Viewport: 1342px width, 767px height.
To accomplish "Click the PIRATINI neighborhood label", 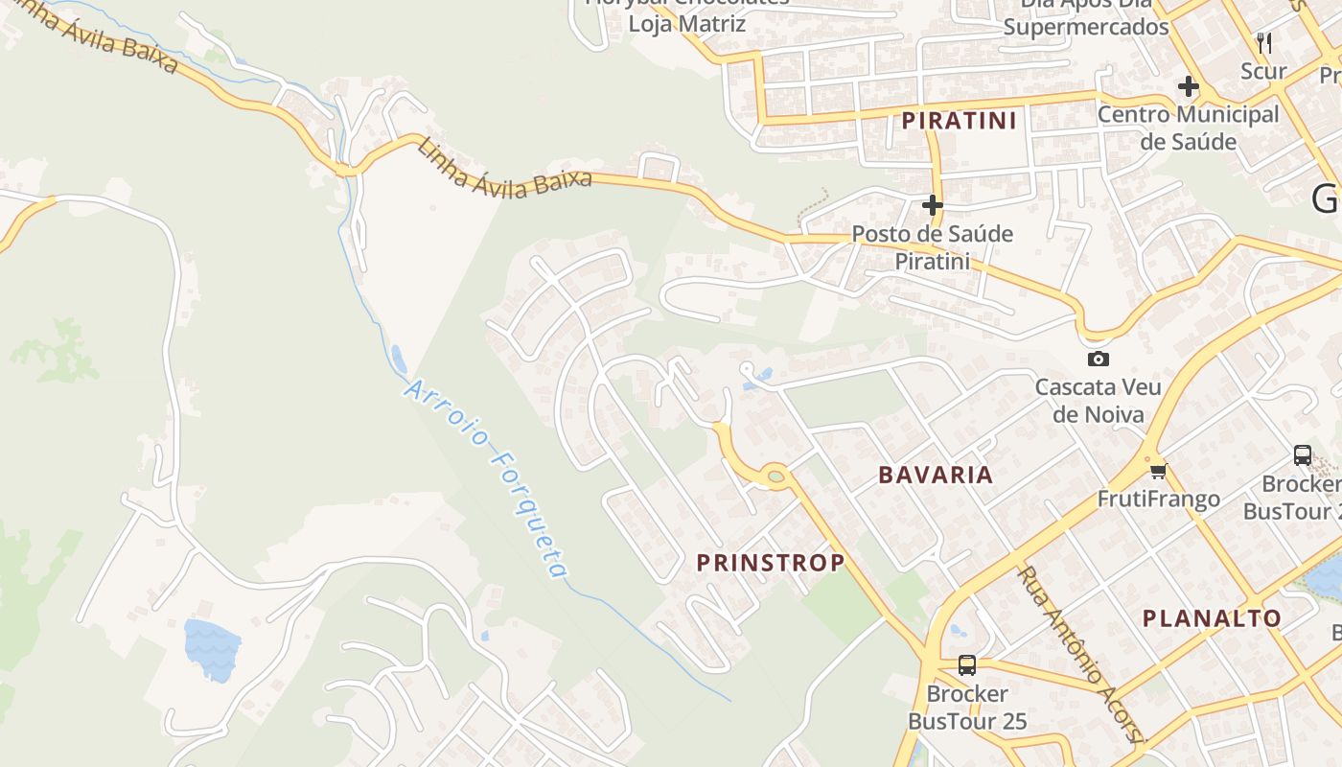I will (959, 121).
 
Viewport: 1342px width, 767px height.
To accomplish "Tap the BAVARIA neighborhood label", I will (936, 475).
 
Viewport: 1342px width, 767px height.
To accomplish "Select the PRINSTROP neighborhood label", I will (771, 563).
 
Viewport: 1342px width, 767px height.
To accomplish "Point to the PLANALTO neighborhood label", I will (1212, 618).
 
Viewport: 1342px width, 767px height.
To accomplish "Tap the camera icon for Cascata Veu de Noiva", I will (1099, 360).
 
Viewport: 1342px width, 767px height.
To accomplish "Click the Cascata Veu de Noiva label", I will (1099, 401).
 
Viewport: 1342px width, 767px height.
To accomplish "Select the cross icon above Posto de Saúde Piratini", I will (932, 205).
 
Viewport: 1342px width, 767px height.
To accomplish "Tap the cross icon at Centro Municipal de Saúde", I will (1189, 87).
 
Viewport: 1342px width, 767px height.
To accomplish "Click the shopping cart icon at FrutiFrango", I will (1159, 471).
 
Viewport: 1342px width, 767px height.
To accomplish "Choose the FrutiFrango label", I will (1159, 499).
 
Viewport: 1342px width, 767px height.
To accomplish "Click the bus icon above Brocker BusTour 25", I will (967, 664).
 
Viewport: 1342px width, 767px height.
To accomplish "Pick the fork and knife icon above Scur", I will (1264, 42).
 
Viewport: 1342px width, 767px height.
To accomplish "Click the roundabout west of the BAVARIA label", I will (775, 474).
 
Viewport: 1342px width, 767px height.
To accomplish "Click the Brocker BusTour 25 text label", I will (967, 707).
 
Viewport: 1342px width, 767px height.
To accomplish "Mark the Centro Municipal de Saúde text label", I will (1189, 128).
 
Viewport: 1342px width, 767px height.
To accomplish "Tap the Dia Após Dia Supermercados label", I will (1086, 17).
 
